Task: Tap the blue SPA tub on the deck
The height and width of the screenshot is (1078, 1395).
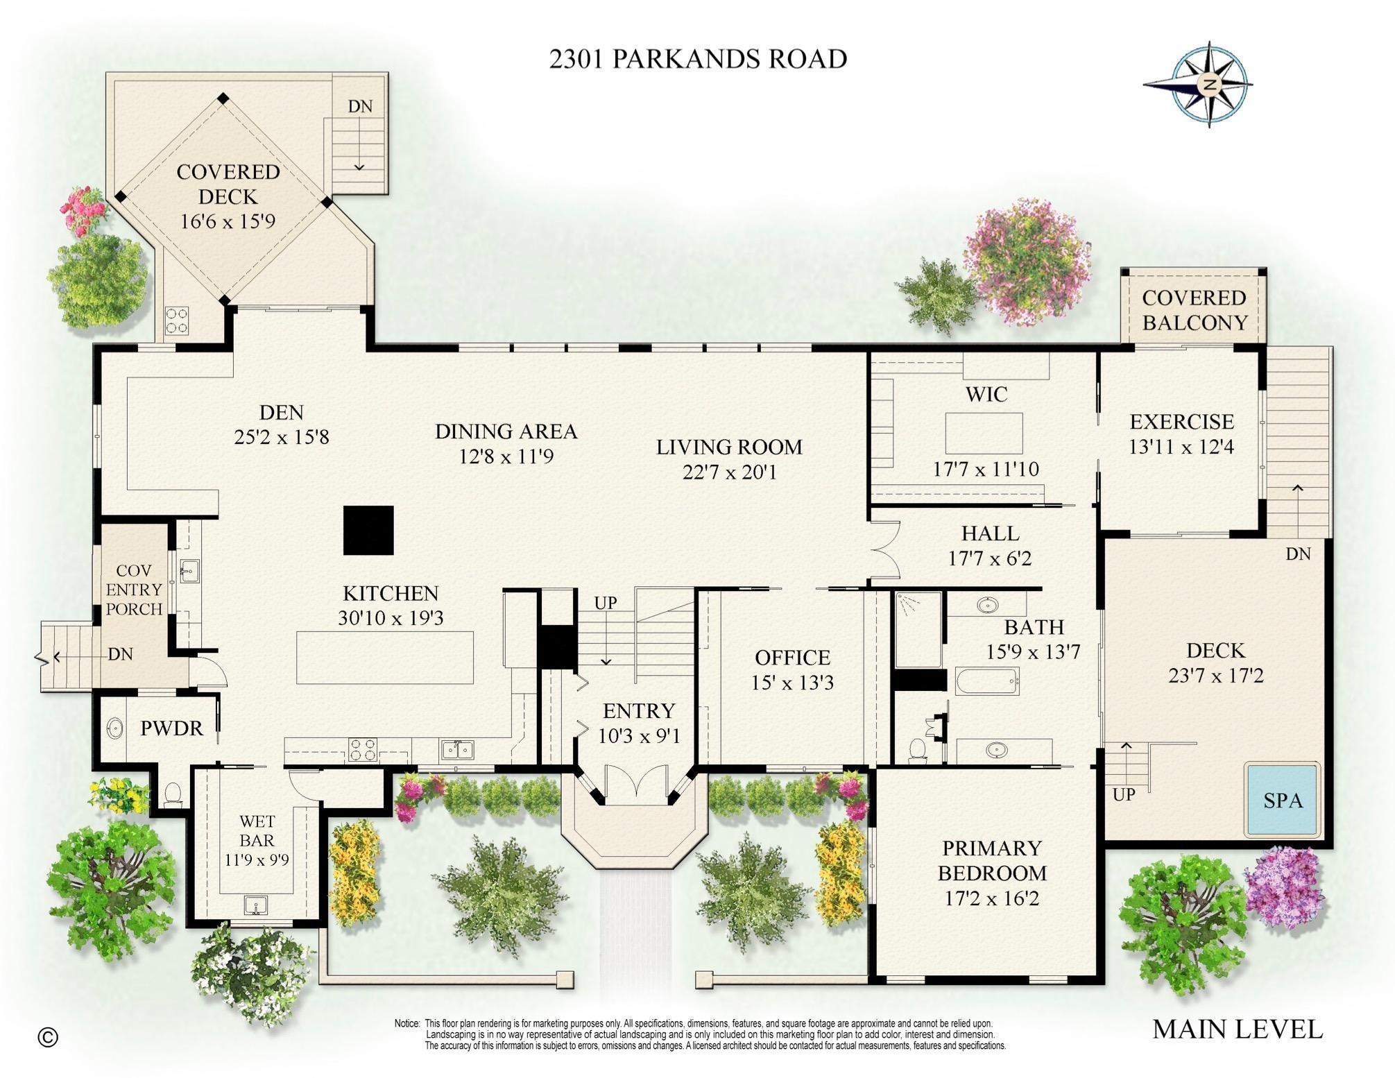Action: click(1282, 800)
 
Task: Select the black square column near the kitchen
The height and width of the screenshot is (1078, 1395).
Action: click(368, 530)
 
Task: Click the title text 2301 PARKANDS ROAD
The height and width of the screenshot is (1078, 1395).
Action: click(698, 59)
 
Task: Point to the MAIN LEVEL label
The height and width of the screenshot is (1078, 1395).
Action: click(1237, 1029)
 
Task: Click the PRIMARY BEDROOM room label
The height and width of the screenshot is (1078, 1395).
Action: click(991, 860)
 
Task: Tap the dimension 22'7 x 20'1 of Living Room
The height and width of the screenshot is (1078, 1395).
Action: click(729, 472)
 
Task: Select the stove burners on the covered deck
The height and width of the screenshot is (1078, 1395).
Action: click(177, 320)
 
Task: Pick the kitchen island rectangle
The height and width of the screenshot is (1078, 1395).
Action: click(385, 657)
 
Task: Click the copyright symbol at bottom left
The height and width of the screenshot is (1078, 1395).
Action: click(48, 1037)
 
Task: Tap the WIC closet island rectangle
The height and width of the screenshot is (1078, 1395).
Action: click(984, 433)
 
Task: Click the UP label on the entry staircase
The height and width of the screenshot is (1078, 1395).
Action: click(605, 603)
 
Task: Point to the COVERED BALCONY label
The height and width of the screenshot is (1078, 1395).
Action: click(1194, 310)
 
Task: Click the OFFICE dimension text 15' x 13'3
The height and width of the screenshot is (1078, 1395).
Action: click(792, 683)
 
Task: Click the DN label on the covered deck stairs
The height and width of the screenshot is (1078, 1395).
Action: click(359, 106)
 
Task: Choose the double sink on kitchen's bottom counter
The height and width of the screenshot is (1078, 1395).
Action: click(458, 749)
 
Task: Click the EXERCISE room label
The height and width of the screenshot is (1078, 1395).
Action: click(1181, 422)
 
